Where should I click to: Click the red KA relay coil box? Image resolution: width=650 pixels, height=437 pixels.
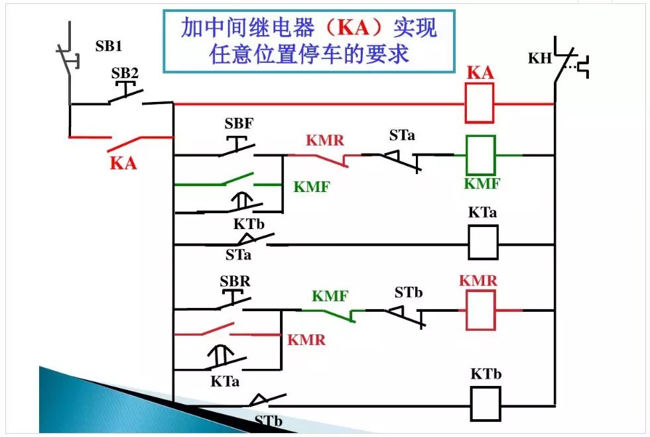pyautogui.click(x=479, y=104)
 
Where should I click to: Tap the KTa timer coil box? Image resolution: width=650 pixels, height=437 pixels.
pyautogui.click(x=483, y=242)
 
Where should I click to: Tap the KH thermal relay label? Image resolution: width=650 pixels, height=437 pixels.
pyautogui.click(x=540, y=58)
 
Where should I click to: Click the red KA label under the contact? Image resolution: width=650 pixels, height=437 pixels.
pyautogui.click(x=123, y=162)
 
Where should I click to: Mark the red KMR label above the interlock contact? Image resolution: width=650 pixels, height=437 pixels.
pyautogui.click(x=326, y=140)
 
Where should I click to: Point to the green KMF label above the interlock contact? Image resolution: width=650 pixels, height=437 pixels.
pyautogui.click(x=330, y=296)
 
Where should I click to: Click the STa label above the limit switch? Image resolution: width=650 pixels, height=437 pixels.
pyautogui.click(x=403, y=136)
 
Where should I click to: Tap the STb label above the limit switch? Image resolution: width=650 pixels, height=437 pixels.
pyautogui.click(x=409, y=292)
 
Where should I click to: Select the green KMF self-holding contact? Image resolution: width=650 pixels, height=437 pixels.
pyautogui.click(x=229, y=180)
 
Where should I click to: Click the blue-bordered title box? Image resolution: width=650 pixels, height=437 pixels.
pyautogui.click(x=309, y=41)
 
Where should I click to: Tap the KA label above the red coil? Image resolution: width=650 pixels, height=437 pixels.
pyautogui.click(x=480, y=73)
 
